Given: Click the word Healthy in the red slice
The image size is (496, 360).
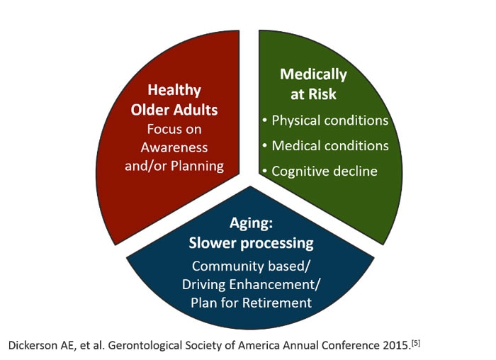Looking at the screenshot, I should pos(174,91).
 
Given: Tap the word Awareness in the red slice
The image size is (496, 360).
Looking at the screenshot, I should pos(174,147).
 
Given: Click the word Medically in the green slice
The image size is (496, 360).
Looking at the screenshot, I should pos(313,74).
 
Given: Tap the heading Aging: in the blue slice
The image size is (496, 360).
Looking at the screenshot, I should pos(251,224).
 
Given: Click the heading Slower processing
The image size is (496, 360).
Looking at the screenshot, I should pos(251,243).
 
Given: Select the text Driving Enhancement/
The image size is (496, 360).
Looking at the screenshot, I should pos(251,284).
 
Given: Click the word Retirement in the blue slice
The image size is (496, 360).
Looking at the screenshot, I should pos(276,303).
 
